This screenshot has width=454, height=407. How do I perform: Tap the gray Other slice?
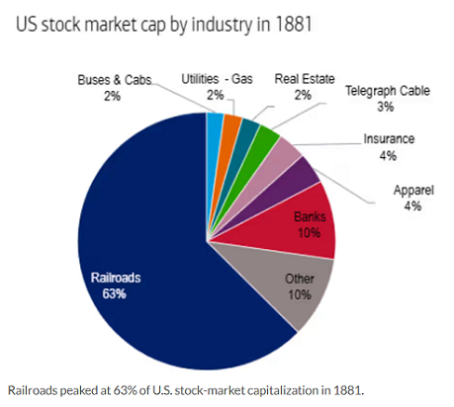click(290, 284)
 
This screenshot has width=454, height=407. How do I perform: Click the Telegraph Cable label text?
click(388, 91)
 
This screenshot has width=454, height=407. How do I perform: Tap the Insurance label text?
click(389, 139)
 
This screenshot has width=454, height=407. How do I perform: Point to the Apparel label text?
click(413, 191)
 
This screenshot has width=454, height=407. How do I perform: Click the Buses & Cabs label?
click(115, 80)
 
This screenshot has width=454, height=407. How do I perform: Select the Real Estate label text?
click(305, 79)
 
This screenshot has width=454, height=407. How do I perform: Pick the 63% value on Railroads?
click(114, 293)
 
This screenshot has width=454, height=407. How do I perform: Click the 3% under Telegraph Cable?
click(386, 107)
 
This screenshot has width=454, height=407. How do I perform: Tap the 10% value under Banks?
click(309, 232)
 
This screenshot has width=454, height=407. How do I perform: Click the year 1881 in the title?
click(293, 24)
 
